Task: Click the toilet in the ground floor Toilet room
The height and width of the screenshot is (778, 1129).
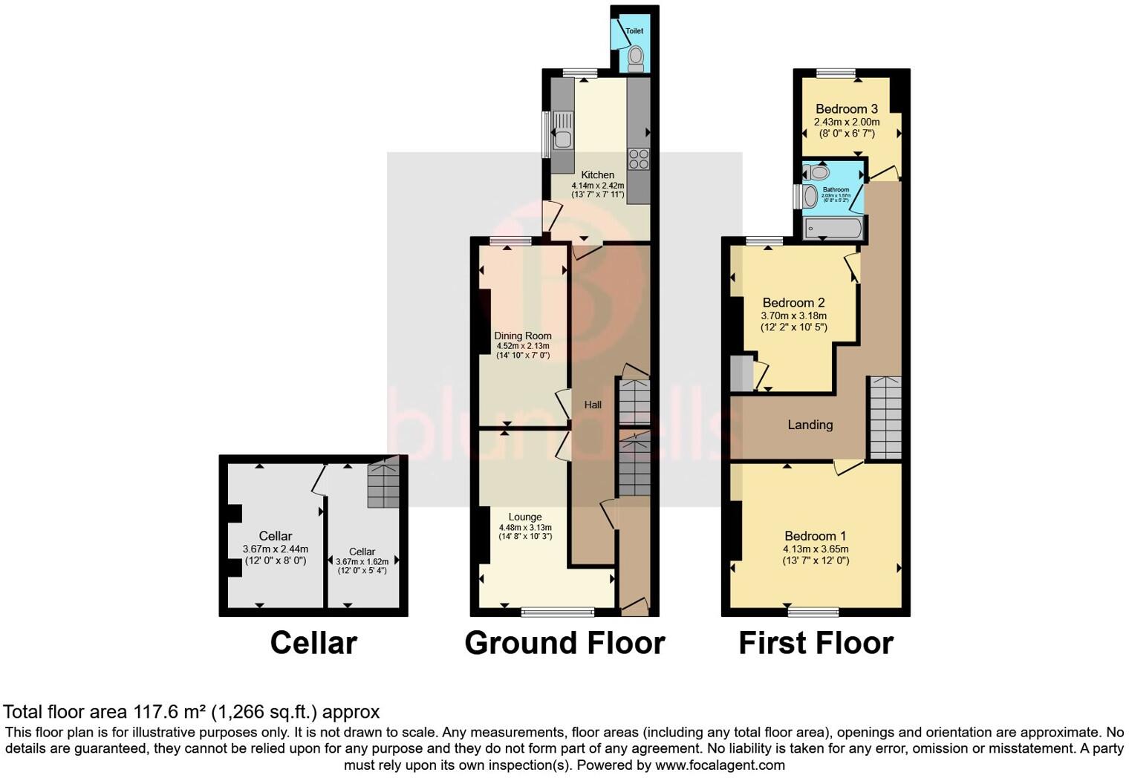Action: pyautogui.click(x=635, y=58)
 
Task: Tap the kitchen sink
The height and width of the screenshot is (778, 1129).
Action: pyautogui.click(x=562, y=137)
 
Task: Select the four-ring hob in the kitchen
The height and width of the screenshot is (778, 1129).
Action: pyautogui.click(x=638, y=159)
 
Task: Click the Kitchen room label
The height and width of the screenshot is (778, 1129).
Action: pyautogui.click(x=597, y=175)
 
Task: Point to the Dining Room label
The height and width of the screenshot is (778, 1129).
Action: pyautogui.click(x=523, y=336)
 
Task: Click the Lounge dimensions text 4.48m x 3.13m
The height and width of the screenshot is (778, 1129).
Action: pyautogui.click(x=525, y=527)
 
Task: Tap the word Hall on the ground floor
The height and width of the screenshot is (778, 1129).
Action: pyautogui.click(x=593, y=405)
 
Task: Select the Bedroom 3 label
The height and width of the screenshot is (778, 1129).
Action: pyautogui.click(x=846, y=108)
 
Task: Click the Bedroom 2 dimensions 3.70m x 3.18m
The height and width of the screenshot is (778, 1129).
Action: pyautogui.click(x=793, y=316)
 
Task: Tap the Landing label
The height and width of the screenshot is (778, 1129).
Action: pyautogui.click(x=810, y=425)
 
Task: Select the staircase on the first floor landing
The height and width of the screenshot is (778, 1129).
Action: pyautogui.click(x=885, y=418)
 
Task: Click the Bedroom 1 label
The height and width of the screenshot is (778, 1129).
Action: pyautogui.click(x=815, y=536)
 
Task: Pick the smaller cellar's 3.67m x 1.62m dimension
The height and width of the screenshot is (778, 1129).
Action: pyautogui.click(x=362, y=562)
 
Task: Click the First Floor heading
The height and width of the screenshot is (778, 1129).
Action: pyautogui.click(x=815, y=643)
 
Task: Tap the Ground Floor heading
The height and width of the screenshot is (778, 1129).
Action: pyautogui.click(x=564, y=643)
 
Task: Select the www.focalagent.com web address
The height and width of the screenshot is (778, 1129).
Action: pyautogui.click(x=719, y=765)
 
